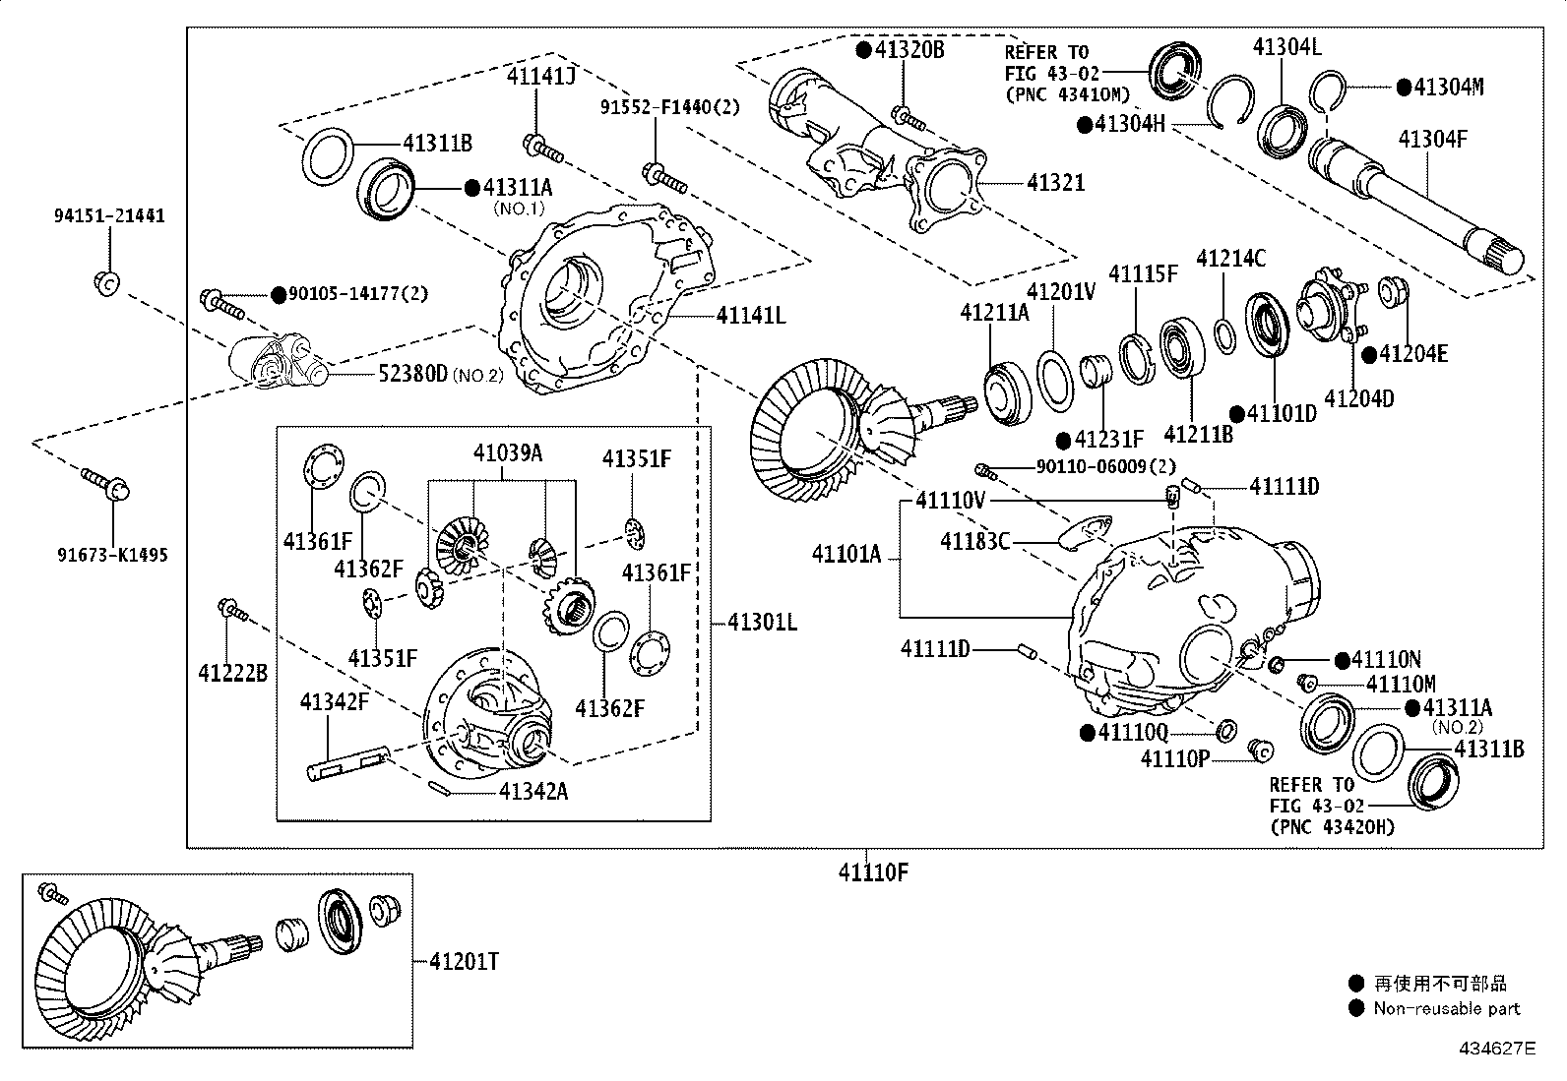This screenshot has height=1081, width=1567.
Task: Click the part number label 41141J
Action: (x=540, y=75)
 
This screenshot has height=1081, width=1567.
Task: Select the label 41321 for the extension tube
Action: (x=1055, y=183)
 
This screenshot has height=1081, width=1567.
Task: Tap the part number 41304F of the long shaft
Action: (x=1432, y=139)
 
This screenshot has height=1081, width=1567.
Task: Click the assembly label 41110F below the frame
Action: (x=872, y=872)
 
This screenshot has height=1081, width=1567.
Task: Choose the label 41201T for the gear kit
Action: (x=463, y=962)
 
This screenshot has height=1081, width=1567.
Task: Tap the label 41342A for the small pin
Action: (x=533, y=791)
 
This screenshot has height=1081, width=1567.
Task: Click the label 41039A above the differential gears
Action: (x=507, y=453)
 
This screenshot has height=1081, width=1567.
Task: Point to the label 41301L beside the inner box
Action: (x=762, y=622)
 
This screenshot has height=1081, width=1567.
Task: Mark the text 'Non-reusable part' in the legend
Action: (x=1446, y=1008)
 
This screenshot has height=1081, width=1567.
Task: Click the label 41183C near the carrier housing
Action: (x=974, y=542)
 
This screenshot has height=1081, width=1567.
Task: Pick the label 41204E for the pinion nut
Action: (x=1413, y=354)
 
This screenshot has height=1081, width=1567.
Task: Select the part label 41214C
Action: (x=1230, y=259)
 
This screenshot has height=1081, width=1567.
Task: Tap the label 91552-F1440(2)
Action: (x=669, y=106)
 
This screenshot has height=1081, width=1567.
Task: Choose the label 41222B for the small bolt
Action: (x=232, y=674)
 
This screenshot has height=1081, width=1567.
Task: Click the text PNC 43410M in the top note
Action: (x=1067, y=94)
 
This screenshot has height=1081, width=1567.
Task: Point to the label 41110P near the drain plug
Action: (x=1174, y=758)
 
